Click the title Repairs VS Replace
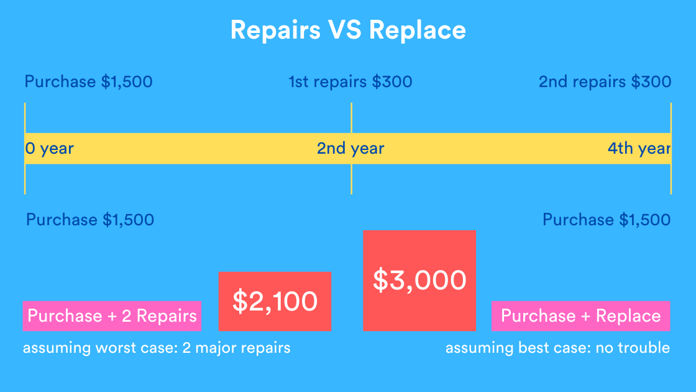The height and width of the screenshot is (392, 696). pos(348,30)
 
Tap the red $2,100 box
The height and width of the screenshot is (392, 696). pos(275,301)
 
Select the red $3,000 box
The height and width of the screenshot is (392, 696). pos(419,281)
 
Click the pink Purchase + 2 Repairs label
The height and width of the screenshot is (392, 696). pos(112,316)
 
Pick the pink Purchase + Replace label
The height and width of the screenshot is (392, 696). pos(580,316)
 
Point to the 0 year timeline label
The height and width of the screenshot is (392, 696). pos(49,149)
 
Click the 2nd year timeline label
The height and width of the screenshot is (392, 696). pos(350,149)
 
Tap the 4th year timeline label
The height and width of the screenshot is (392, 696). pos(639,149)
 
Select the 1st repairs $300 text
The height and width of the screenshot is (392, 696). pos(350,82)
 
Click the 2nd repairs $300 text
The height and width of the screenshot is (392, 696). pos(605,82)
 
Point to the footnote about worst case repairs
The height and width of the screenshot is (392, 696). pos(157,348)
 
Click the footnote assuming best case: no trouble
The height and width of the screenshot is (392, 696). pos(557,348)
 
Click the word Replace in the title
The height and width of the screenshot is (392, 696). pos(417,30)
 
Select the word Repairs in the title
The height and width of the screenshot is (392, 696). pos(275,30)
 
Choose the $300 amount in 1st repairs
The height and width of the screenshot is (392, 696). pos(392,82)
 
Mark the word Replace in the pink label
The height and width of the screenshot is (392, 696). pos(628,316)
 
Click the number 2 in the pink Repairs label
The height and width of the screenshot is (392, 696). pos(127,316)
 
